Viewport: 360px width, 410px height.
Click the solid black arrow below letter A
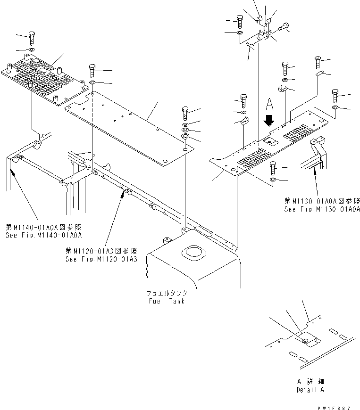(269, 120)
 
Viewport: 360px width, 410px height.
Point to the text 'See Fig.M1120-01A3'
(101, 259)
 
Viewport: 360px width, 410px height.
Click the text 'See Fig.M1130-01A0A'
(322, 209)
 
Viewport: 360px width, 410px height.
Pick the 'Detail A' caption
(310, 390)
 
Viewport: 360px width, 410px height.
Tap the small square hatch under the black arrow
(271, 141)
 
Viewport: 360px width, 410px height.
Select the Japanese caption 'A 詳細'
(310, 381)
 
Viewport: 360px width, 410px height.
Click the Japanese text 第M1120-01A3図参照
(101, 251)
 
